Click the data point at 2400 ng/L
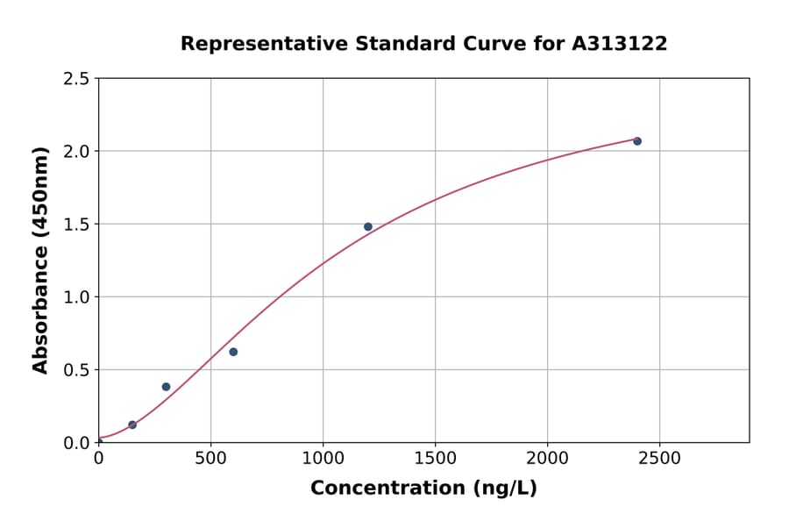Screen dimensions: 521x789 [x=637, y=141]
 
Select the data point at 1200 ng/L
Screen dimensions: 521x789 [x=368, y=226]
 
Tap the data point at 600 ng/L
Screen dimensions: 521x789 [x=233, y=352]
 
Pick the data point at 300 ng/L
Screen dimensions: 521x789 [x=166, y=387]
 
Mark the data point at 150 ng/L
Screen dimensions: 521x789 [x=132, y=425]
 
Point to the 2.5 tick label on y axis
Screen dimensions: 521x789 [x=76, y=79]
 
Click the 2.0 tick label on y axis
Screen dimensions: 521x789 [x=76, y=152]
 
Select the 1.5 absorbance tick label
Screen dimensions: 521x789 [x=76, y=225]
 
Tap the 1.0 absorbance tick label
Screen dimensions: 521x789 [x=76, y=297]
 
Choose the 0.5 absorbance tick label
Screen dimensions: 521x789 [x=76, y=370]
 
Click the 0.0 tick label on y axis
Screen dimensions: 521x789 [x=76, y=443]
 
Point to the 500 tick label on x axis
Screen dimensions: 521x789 [x=210, y=459]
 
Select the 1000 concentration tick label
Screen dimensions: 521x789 [x=323, y=459]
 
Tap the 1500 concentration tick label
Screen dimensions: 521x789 [x=435, y=459]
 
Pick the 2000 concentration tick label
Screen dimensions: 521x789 [x=547, y=459]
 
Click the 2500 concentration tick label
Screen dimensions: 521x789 [x=659, y=459]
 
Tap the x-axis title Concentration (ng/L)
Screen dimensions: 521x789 [x=423, y=488]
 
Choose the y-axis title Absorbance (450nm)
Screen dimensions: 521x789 [x=40, y=260]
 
